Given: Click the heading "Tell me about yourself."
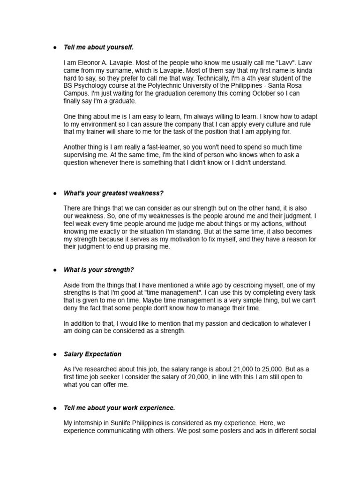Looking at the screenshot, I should pyautogui.click(x=98, y=47).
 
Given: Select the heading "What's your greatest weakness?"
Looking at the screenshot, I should pyautogui.click(x=113, y=193).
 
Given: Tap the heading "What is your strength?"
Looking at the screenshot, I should pyautogui.click(x=98, y=270).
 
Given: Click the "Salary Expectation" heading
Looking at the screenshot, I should pyautogui.click(x=92, y=354).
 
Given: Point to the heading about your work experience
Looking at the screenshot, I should pyautogui.click(x=119, y=408).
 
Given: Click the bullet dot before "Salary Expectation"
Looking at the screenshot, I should pyautogui.click(x=55, y=354).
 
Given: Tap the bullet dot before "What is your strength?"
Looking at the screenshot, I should pyautogui.click(x=55, y=270).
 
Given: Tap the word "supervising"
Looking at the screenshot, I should pyautogui.click(x=81, y=155).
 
